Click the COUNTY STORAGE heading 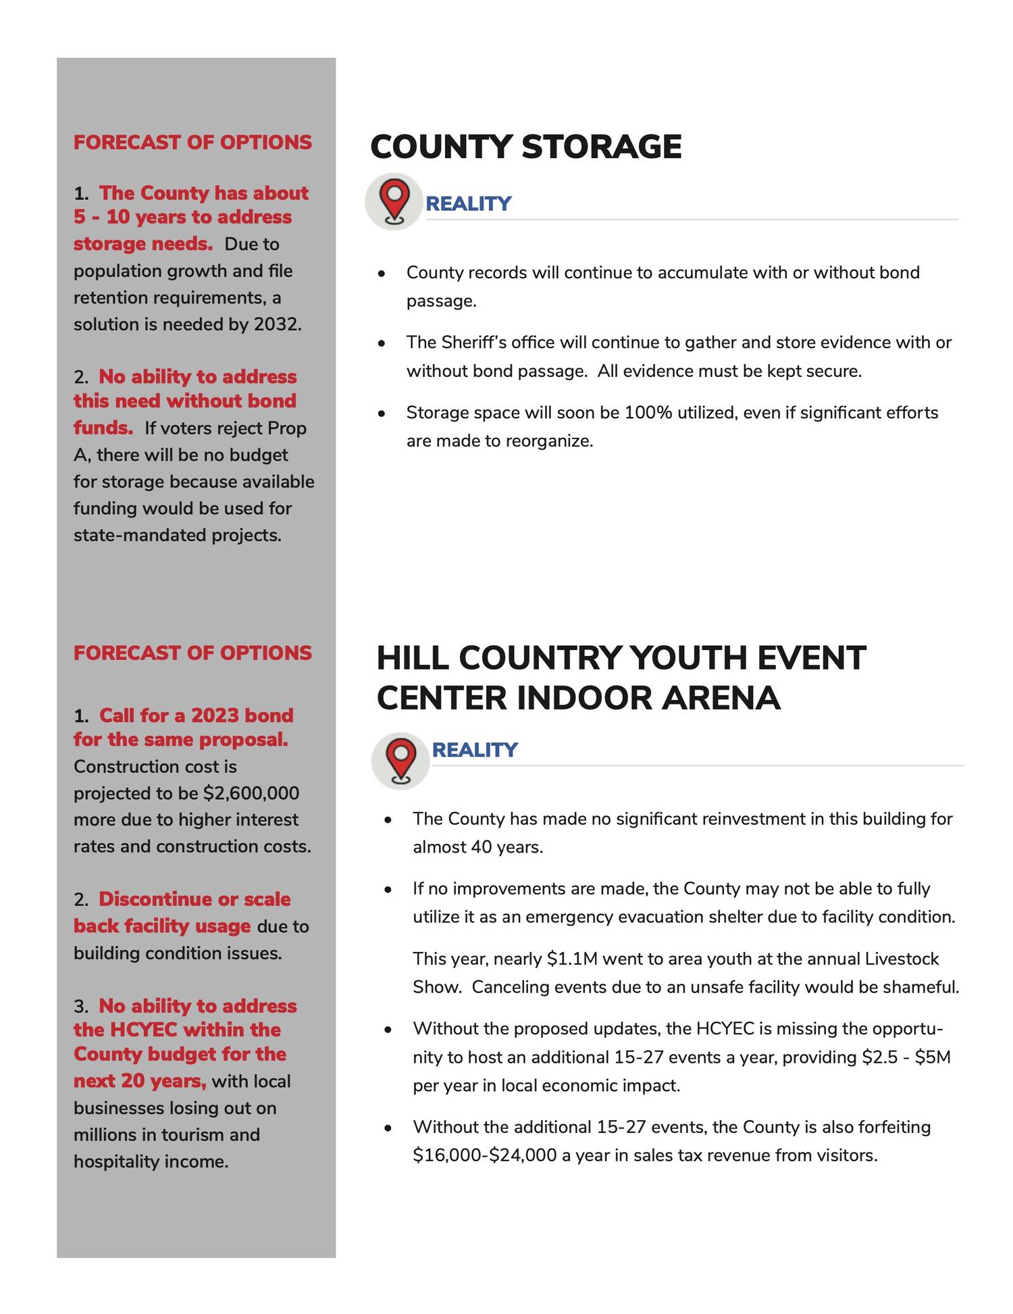[525, 147]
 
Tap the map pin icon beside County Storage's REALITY [394, 201]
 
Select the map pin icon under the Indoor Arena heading [400, 761]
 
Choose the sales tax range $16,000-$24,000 [484, 1155]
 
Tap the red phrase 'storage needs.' [143, 244]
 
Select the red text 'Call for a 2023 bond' [196, 715]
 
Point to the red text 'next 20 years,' [140, 1081]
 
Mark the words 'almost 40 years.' [478, 847]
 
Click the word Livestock [902, 959]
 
